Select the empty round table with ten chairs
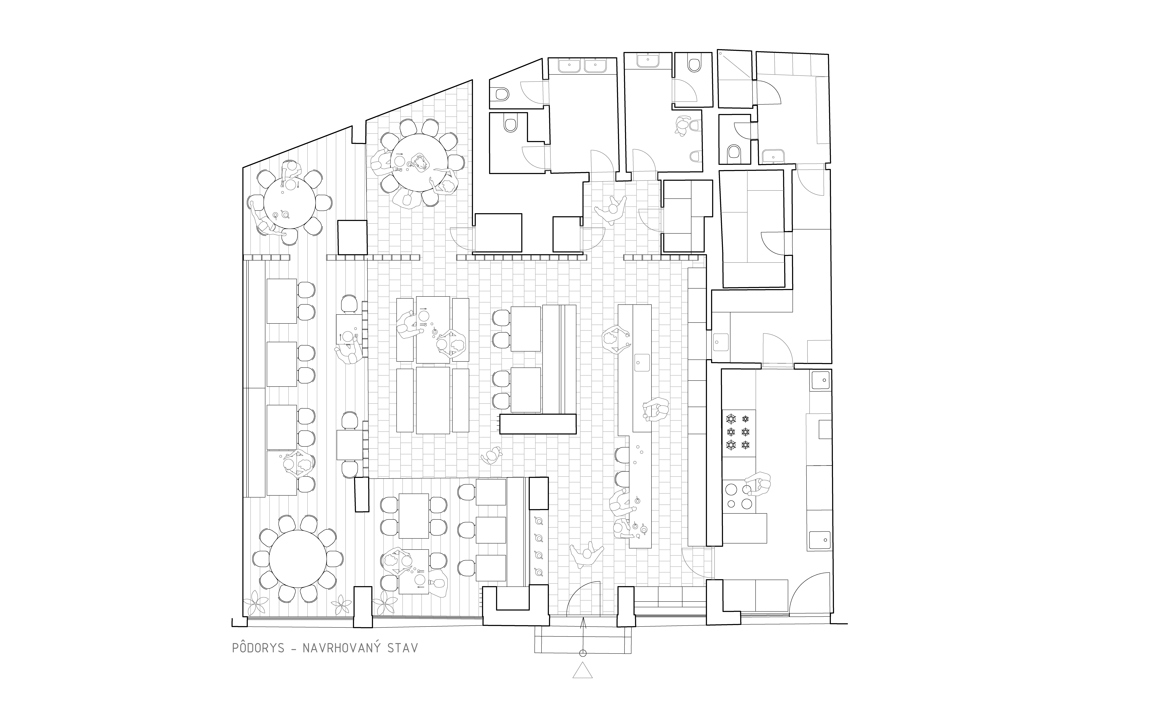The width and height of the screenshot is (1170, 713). click(298, 559)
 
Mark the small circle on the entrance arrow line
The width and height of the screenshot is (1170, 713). click(583, 653)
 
